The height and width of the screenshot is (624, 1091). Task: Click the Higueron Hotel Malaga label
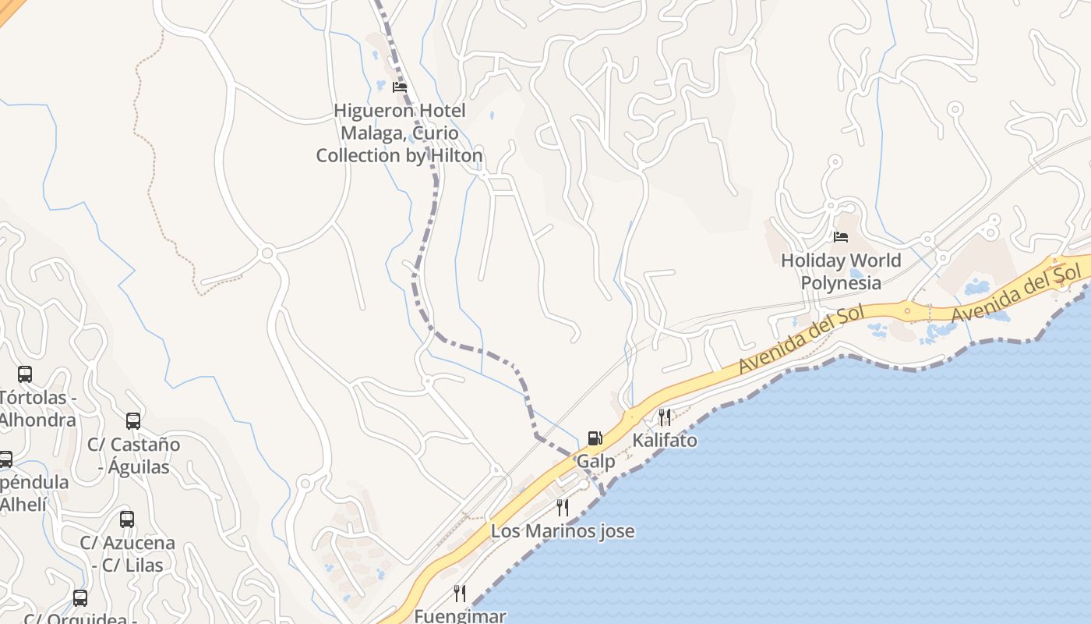click(399, 133)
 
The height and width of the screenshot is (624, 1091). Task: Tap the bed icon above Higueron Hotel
click(400, 87)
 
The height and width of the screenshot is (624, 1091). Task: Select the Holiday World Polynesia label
click(841, 271)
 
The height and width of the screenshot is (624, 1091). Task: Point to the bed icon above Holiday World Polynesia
click(840, 236)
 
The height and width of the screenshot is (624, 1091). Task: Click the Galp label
click(595, 461)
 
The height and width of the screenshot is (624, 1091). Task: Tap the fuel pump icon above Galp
click(595, 438)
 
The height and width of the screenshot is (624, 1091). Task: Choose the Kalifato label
click(665, 440)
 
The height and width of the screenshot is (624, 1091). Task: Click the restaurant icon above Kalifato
click(664, 417)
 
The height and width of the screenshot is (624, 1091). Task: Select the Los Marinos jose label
click(562, 531)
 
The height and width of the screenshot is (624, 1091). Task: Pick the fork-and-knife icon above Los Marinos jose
click(562, 508)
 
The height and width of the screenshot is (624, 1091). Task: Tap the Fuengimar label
click(460, 615)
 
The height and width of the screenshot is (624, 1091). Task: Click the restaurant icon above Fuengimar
click(460, 594)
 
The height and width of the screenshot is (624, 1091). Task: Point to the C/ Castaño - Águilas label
click(133, 456)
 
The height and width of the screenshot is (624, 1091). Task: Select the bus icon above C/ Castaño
click(133, 421)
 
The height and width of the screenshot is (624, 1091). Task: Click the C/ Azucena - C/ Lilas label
click(127, 553)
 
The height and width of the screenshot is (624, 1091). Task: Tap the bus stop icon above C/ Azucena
click(127, 519)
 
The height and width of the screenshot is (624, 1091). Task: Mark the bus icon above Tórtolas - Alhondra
click(25, 374)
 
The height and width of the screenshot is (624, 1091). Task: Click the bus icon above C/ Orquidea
click(80, 598)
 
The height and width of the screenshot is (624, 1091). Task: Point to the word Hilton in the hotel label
click(456, 155)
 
